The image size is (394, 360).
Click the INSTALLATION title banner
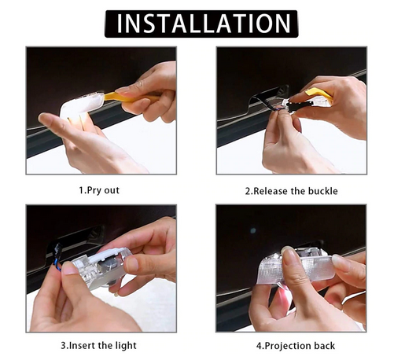pos(201,24)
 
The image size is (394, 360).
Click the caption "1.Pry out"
pos(99,190)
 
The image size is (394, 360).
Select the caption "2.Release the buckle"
pos(291,191)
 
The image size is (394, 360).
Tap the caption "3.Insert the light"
pos(98,346)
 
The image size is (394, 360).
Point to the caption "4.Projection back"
pos(296,346)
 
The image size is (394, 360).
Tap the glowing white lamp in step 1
pos(81,106)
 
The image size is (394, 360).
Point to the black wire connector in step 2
pos(299,105)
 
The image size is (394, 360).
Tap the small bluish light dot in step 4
pos(252,230)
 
